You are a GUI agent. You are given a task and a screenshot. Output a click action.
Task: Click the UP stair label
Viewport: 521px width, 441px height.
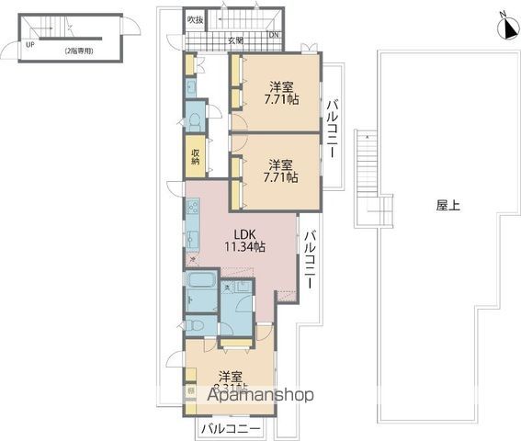point(30,43)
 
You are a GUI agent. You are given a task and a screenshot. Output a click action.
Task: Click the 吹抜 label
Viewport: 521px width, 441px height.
point(195,20)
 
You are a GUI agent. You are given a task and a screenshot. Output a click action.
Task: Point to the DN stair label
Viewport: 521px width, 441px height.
point(273,36)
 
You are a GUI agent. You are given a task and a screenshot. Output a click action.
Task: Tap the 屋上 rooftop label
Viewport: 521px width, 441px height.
point(448,206)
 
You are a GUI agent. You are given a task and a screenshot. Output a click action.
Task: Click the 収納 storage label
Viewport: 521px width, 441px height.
point(196,156)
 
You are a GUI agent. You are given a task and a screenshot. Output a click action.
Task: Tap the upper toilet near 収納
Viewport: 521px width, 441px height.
point(195,121)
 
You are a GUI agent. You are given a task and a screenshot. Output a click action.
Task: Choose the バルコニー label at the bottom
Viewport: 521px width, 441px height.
point(231,429)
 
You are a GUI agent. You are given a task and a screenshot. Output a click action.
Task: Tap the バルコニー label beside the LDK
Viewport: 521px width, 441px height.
point(311,260)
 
